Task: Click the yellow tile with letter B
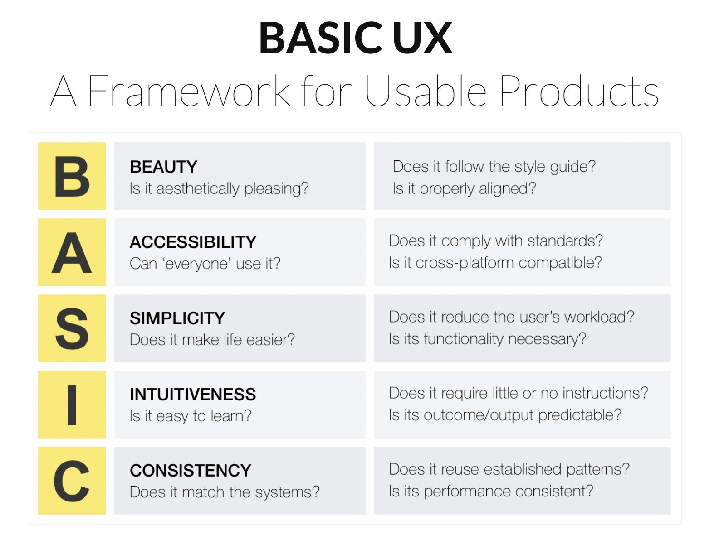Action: [72, 176]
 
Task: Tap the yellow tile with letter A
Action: [72, 252]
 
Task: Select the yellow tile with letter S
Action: [72, 328]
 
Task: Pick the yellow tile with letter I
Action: [72, 405]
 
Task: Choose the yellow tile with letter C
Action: [72, 481]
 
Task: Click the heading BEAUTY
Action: [163, 167]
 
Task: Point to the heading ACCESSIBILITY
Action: [193, 242]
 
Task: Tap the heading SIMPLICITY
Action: [177, 318]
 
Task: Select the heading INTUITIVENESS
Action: [192, 395]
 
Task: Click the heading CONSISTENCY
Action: [190, 471]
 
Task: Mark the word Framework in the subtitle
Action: [188, 92]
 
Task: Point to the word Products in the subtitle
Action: [579, 92]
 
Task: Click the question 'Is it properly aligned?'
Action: [464, 188]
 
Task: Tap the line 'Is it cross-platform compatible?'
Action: [495, 263]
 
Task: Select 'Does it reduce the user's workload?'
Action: [511, 317]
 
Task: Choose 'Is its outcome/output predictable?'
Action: [505, 415]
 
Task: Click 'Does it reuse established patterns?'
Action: [509, 469]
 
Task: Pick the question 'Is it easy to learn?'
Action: [190, 416]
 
